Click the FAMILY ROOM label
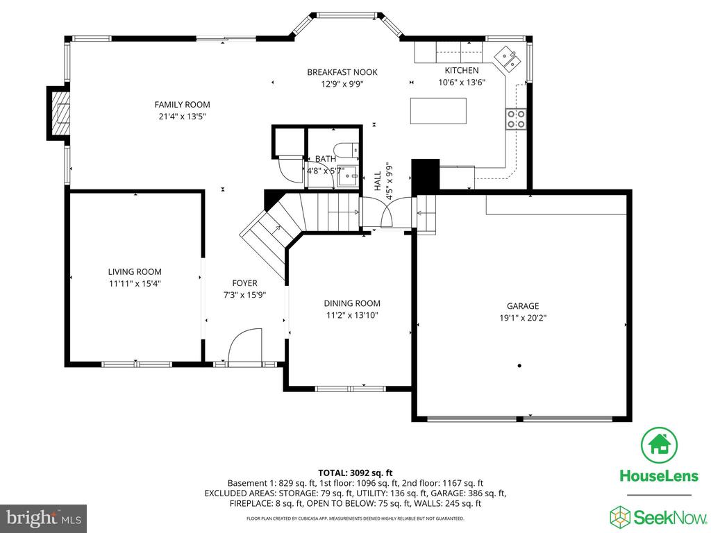point(183,105)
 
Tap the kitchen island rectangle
point(439,110)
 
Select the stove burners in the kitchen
point(516,119)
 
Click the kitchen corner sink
point(508,59)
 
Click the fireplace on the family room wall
point(58,113)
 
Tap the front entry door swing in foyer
point(245,346)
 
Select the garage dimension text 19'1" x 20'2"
point(523,318)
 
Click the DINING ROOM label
point(352,304)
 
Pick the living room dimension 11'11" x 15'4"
point(135,284)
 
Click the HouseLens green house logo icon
point(659,445)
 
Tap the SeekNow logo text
point(670,517)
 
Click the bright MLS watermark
point(44,518)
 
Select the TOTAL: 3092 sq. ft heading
point(355,473)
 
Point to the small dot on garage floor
point(519,365)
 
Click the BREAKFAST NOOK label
point(342,72)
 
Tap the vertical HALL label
point(378,181)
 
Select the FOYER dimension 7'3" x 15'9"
point(244,295)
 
